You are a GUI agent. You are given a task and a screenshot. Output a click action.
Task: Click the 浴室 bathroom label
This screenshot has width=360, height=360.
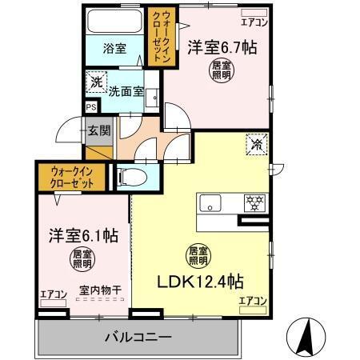[x=114, y=48]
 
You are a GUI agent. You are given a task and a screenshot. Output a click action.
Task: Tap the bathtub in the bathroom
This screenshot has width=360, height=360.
[x=114, y=22]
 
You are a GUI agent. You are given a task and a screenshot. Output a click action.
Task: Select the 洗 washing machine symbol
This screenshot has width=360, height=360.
[x=95, y=81]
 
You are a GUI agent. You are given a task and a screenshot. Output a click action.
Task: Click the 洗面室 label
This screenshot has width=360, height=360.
[x=128, y=91]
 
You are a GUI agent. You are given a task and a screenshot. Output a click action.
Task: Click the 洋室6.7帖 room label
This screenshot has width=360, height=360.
[x=222, y=47]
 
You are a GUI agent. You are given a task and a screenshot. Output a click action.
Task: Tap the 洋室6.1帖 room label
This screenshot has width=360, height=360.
[x=82, y=237]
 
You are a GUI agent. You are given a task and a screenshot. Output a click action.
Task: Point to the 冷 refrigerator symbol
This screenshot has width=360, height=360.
[x=258, y=146]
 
